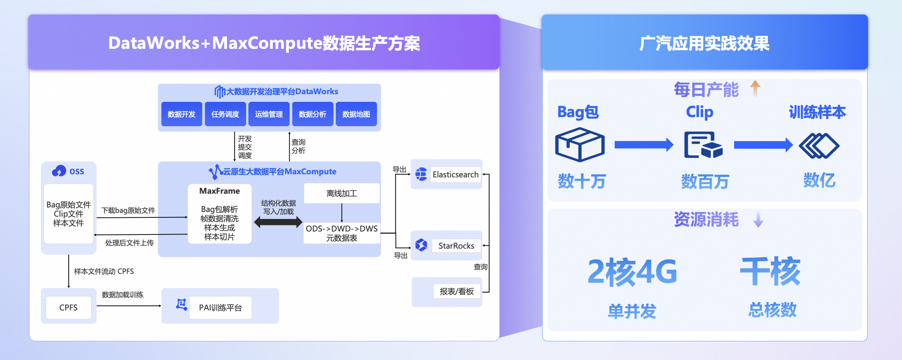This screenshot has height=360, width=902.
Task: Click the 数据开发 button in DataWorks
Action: (x=181, y=114)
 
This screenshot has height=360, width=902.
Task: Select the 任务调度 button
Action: (x=225, y=114)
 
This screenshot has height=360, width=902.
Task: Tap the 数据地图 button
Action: (x=356, y=114)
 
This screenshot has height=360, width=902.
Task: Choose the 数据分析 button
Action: (x=312, y=114)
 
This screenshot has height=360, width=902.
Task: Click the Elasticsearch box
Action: (x=455, y=175)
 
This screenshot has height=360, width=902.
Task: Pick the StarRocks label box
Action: (x=456, y=246)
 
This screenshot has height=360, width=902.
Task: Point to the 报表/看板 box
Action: (x=456, y=292)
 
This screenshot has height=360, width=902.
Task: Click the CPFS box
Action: (x=68, y=307)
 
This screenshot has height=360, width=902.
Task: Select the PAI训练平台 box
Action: (x=220, y=307)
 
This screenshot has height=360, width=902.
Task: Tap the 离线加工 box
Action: (x=341, y=193)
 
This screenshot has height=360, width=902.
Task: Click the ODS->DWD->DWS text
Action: (x=341, y=228)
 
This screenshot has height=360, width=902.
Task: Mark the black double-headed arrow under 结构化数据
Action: (x=278, y=222)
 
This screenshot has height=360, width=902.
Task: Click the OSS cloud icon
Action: (x=59, y=171)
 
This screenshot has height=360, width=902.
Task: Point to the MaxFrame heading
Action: (x=219, y=191)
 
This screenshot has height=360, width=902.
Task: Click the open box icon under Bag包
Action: (x=580, y=145)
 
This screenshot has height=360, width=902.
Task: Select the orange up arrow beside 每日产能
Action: (x=755, y=88)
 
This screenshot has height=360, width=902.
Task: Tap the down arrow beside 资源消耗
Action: (x=758, y=219)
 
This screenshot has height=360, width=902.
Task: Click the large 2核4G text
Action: (x=632, y=272)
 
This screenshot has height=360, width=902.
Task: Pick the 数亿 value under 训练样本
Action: (x=819, y=180)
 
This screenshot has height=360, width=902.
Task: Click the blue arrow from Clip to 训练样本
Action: (x=763, y=145)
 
